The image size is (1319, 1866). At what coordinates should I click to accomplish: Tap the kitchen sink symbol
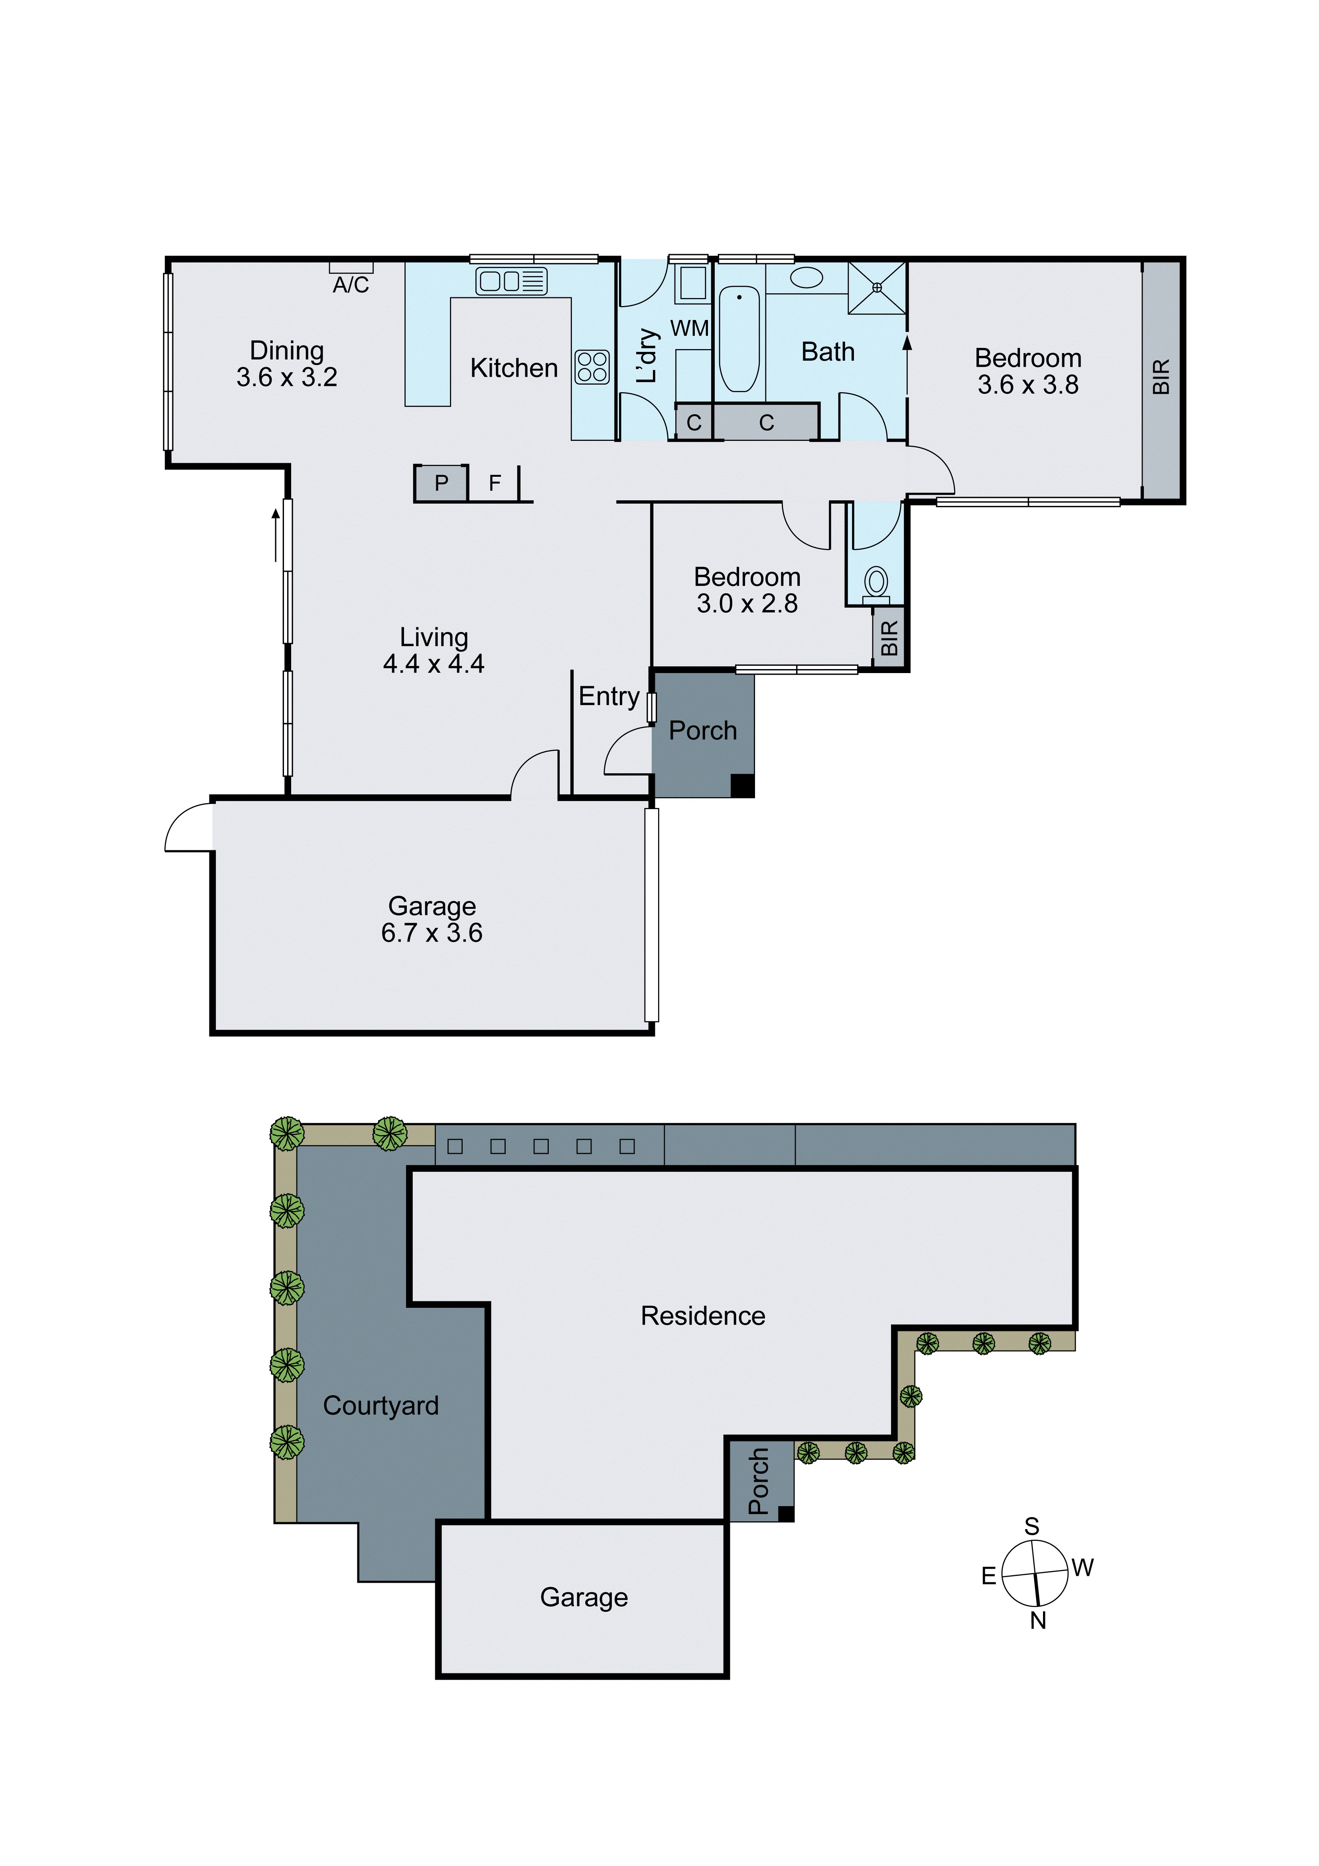[x=511, y=281]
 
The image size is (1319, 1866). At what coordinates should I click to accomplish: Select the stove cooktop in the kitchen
[x=592, y=367]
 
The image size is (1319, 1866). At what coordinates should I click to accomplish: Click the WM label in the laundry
[x=689, y=328]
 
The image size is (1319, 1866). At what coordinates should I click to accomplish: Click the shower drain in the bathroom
[x=877, y=287]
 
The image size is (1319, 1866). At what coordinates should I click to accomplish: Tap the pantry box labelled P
[x=441, y=484]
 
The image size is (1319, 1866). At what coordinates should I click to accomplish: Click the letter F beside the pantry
[x=494, y=484]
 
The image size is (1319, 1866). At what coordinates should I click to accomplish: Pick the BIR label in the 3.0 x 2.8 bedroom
[x=889, y=638]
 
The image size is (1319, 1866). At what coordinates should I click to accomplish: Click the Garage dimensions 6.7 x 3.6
[x=432, y=933]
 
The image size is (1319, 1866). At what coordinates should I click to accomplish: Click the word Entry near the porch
[x=609, y=697]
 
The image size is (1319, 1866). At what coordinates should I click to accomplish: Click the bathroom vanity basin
[x=806, y=277]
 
